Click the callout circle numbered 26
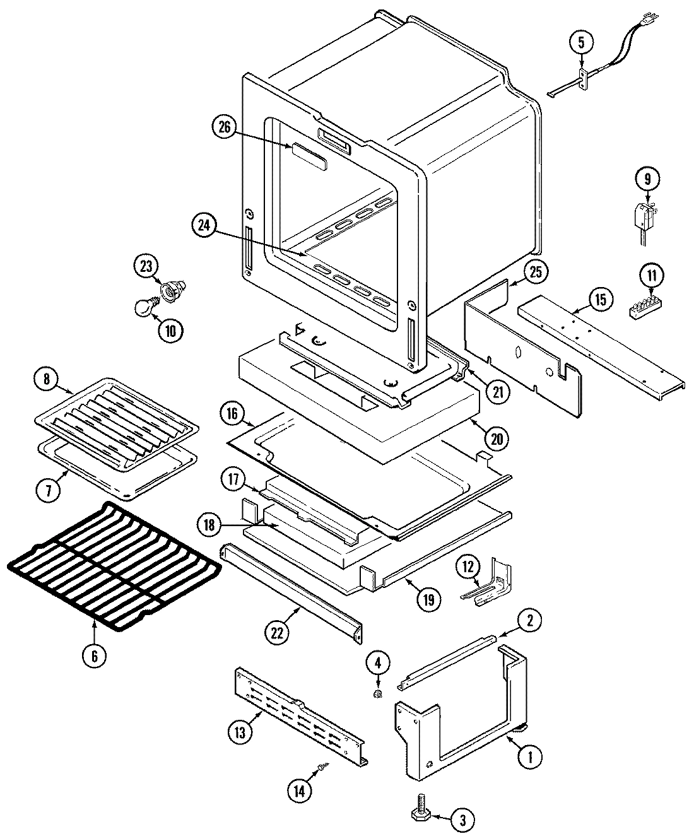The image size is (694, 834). coord(224,128)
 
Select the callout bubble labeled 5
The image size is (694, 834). coord(581,44)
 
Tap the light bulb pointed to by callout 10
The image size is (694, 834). coord(144,307)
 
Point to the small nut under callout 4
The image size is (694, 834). coord(377,695)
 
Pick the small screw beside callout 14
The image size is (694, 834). coord(323,766)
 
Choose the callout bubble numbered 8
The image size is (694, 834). coord(46,380)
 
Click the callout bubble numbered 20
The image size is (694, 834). coord(497,437)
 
